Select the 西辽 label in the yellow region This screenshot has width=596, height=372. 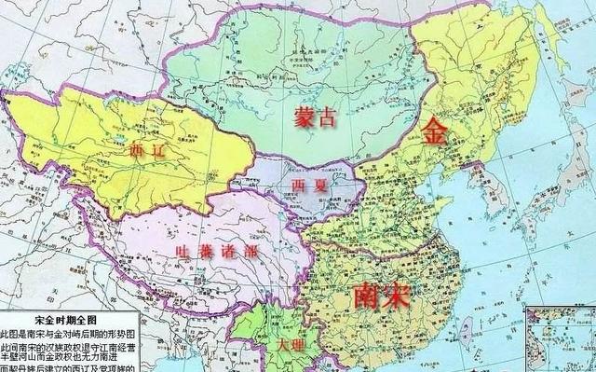[147, 150]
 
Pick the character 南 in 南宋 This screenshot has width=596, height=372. [368, 296]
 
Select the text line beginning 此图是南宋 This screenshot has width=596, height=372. [70, 332]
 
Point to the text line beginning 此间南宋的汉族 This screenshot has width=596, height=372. [70, 345]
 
